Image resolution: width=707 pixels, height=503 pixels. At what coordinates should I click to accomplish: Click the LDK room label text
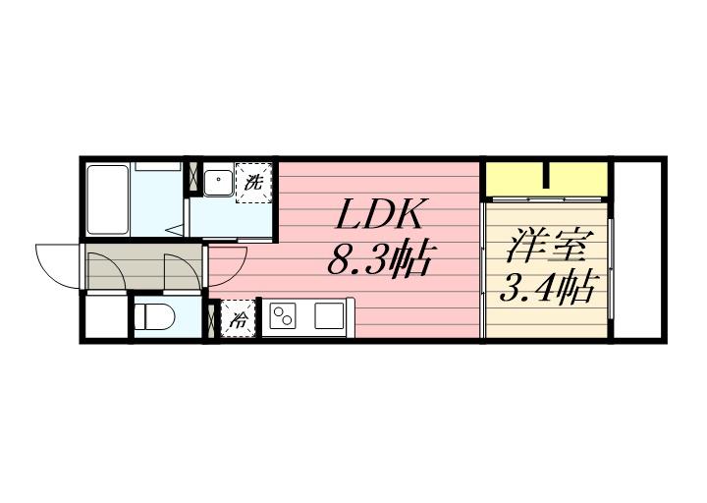(x=383, y=216)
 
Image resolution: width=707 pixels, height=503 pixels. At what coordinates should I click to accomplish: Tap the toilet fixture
(x=153, y=316)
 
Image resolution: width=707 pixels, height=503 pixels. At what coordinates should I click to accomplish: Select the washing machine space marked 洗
(x=254, y=182)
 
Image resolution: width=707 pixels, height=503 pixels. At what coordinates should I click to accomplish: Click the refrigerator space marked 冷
(x=239, y=318)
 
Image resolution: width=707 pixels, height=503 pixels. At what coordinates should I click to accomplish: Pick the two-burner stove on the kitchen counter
(x=284, y=317)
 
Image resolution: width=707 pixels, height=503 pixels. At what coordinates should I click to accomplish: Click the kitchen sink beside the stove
(x=329, y=317)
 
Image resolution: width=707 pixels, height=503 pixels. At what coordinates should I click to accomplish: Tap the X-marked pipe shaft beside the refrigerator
(x=211, y=318)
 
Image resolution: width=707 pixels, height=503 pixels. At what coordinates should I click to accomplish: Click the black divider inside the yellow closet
(x=546, y=179)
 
